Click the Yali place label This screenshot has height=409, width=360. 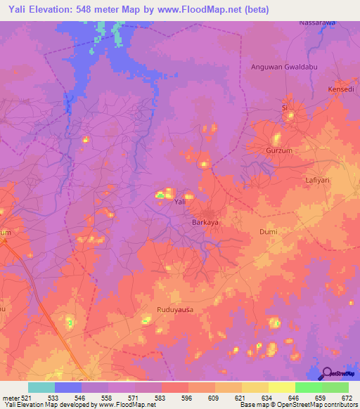coord(180,202)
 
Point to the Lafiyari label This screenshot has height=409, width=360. coord(321,180)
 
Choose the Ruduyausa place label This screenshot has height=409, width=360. coord(174,309)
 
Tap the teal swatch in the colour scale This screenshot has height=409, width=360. coord(41,387)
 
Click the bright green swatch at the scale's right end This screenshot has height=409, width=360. coord(335,387)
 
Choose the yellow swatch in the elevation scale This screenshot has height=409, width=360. coord(281,387)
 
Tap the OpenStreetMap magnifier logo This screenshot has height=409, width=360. coord(326,374)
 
